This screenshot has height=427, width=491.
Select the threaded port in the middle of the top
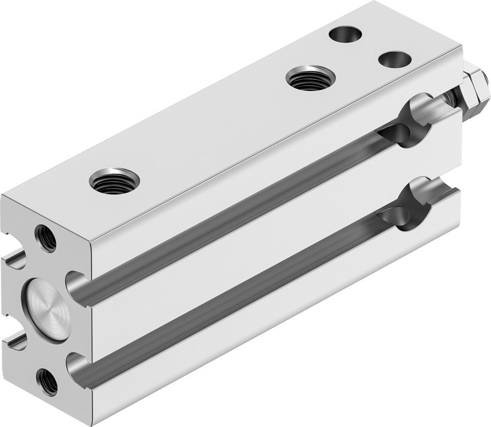pos(310,77)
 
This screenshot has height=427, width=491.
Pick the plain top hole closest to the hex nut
pos(395,60)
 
